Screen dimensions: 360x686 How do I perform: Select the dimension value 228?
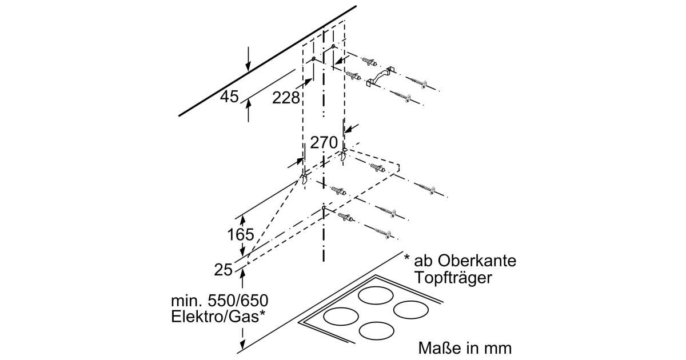click(286, 98)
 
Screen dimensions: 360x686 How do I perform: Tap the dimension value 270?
click(324, 142)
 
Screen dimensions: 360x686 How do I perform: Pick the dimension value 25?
click(222, 268)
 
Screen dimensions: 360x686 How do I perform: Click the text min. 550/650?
click(220, 300)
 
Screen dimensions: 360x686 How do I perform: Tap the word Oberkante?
click(477, 261)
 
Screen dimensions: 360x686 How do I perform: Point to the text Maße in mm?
click(465, 347)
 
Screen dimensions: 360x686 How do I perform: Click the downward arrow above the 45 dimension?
click(248, 63)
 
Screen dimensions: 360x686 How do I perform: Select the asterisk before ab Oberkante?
click(406, 259)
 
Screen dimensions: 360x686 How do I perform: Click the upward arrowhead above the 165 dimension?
click(242, 219)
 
